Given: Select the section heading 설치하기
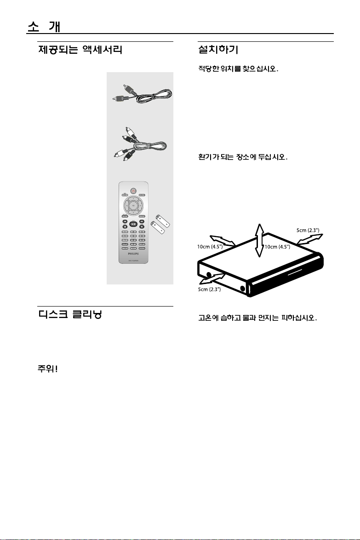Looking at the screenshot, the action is click(217, 49).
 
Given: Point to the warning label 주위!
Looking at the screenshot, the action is click(47, 370).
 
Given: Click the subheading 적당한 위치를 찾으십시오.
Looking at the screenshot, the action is click(235, 70).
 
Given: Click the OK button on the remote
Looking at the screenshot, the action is click(133, 205).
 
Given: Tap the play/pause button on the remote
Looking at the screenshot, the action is click(133, 224).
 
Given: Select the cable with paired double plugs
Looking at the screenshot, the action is click(140, 144).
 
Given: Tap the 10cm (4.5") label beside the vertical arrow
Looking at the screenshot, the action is click(277, 247).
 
